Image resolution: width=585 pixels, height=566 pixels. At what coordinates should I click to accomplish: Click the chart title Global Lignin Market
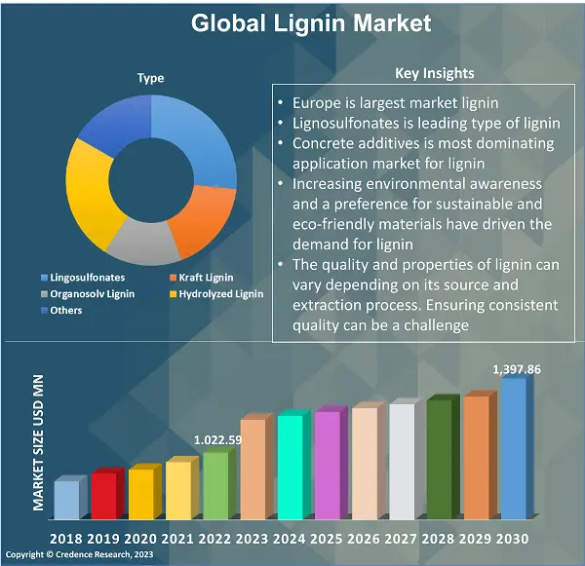(x=310, y=22)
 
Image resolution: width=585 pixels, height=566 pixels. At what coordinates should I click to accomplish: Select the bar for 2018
(x=65, y=499)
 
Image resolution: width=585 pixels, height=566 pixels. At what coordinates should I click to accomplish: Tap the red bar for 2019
(x=103, y=494)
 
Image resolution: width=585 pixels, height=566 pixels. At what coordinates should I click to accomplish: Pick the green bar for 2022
(x=214, y=484)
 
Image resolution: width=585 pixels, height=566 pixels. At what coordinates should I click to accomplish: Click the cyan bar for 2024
(x=290, y=466)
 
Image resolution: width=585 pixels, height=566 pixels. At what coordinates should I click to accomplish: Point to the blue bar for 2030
(x=513, y=448)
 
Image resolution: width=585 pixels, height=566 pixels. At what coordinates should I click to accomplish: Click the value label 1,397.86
(x=516, y=369)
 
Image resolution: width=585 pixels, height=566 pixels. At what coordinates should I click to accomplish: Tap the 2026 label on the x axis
(x=363, y=539)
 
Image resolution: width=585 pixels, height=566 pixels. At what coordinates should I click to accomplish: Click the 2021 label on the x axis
(x=177, y=539)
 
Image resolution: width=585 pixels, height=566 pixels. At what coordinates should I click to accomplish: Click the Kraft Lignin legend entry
(x=205, y=278)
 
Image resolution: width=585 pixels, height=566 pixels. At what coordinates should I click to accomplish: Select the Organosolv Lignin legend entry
(x=93, y=293)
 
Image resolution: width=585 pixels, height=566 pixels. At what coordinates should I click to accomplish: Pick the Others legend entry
(x=66, y=310)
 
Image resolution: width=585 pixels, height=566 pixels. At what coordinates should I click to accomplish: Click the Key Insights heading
(x=435, y=73)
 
